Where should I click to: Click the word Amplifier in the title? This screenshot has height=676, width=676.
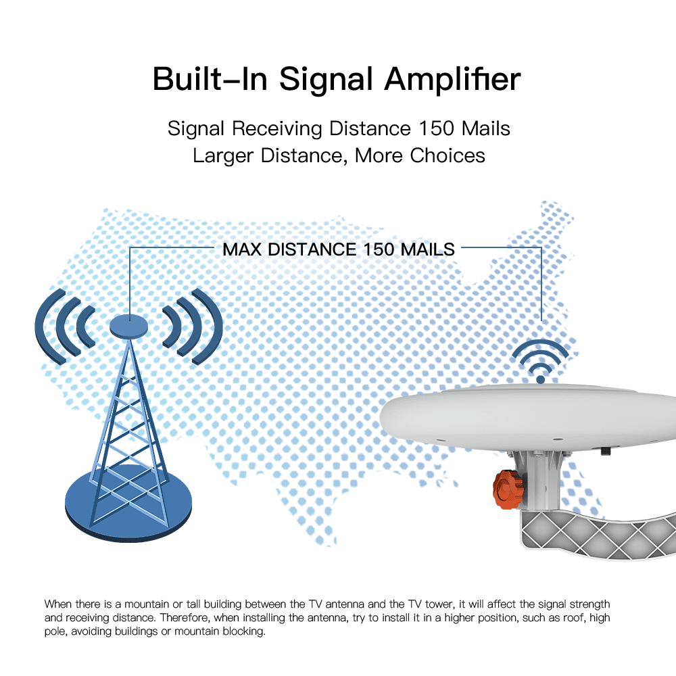(x=453, y=80)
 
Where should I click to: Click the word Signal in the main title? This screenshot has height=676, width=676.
(x=326, y=80)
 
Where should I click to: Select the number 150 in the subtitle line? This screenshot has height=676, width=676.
(x=436, y=128)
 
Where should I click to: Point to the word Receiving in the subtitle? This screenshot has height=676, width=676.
(x=277, y=129)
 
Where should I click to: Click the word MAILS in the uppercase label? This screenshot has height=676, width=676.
(x=428, y=249)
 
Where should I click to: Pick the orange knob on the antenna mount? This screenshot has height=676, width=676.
(x=508, y=489)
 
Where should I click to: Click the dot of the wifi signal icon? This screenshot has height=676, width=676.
(x=540, y=379)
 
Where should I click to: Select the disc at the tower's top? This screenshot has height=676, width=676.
(x=129, y=326)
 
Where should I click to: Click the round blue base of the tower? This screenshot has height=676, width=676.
(x=128, y=504)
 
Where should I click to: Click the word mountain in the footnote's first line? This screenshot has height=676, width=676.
(x=147, y=604)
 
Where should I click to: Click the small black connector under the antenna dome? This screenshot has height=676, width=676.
(x=606, y=450)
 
